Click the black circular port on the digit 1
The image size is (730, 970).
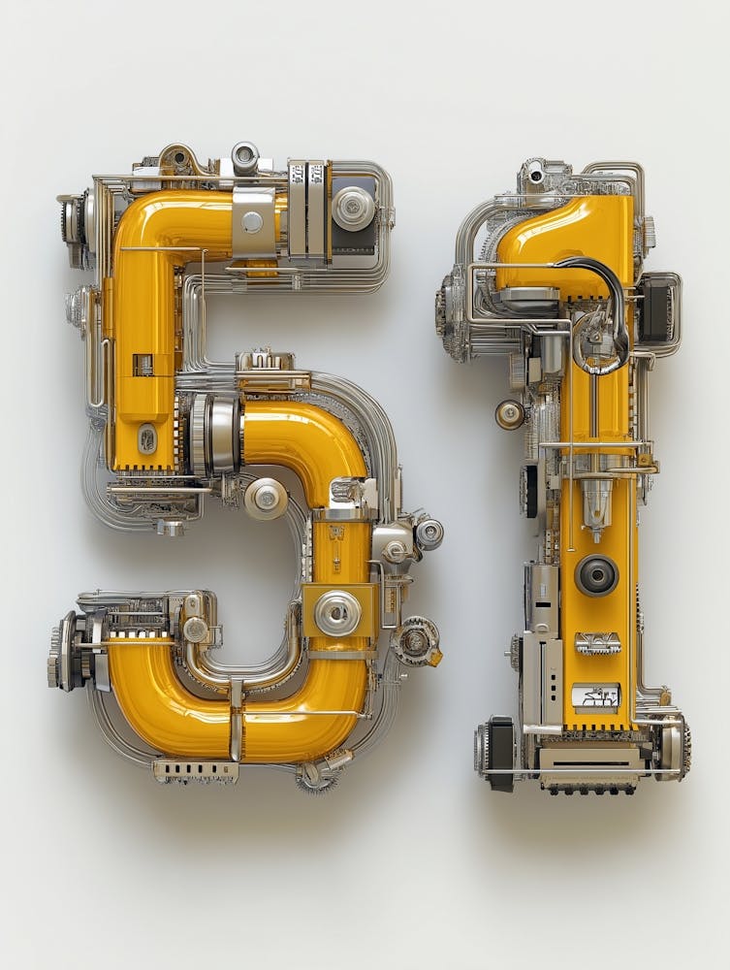tap(596, 575)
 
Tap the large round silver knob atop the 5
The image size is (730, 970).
tap(353, 208)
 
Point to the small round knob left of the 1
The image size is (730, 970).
tap(510, 414)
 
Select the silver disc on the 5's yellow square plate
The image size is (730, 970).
tap(337, 613)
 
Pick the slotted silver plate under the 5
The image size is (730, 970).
tap(196, 771)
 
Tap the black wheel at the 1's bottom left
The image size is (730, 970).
tap(501, 753)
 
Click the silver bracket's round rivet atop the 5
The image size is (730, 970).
tap(252, 222)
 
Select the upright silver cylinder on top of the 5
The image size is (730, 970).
tap(244, 157)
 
